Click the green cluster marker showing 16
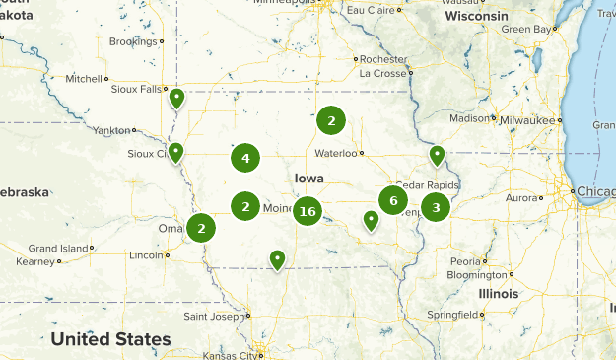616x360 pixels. (x=308, y=211)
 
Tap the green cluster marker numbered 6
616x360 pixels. (x=393, y=200)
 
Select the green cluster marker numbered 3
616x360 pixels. (x=436, y=207)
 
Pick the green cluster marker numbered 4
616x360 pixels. (x=245, y=157)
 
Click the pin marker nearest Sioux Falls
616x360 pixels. (x=176, y=98)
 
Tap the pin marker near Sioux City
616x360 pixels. (x=175, y=152)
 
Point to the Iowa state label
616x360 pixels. (x=308, y=178)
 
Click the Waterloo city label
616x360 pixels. (x=335, y=154)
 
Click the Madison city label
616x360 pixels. (x=468, y=118)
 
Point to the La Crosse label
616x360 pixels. (x=382, y=73)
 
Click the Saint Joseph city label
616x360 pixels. (x=213, y=316)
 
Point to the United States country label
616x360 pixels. (x=110, y=339)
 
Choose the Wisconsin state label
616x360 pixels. (x=476, y=17)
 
